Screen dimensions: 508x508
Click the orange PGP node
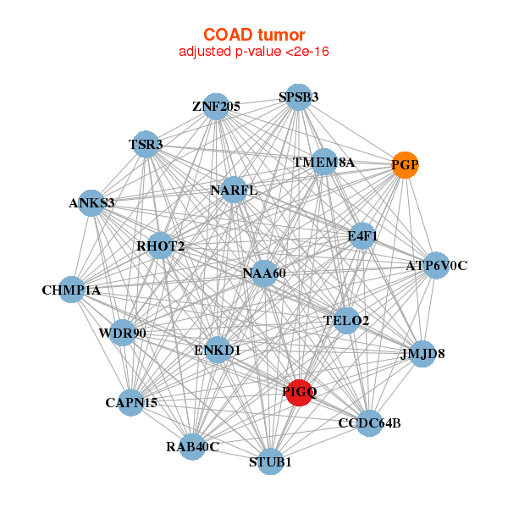tap(405, 165)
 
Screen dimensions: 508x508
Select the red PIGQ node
tap(299, 392)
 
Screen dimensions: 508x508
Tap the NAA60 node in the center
tap(264, 273)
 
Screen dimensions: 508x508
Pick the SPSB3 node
tap(298, 97)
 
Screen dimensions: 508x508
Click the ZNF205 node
tap(217, 107)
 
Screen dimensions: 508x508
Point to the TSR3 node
tap(146, 145)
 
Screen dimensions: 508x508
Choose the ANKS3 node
tap(91, 203)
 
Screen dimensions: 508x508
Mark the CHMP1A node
tap(72, 290)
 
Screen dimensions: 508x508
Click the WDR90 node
tap(123, 333)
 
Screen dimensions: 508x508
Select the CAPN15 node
tap(131, 403)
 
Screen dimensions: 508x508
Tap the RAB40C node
tap(192, 447)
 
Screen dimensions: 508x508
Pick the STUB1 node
tap(270, 461)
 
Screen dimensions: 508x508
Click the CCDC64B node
tap(369, 423)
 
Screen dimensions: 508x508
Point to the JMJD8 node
tap(422, 354)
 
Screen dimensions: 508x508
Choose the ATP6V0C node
tap(436, 265)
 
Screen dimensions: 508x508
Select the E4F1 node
tap(362, 236)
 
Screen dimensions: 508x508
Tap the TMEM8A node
tap(323, 162)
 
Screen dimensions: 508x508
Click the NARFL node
tap(234, 190)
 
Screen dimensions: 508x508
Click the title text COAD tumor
tap(254, 35)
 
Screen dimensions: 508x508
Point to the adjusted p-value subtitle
tap(254, 52)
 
